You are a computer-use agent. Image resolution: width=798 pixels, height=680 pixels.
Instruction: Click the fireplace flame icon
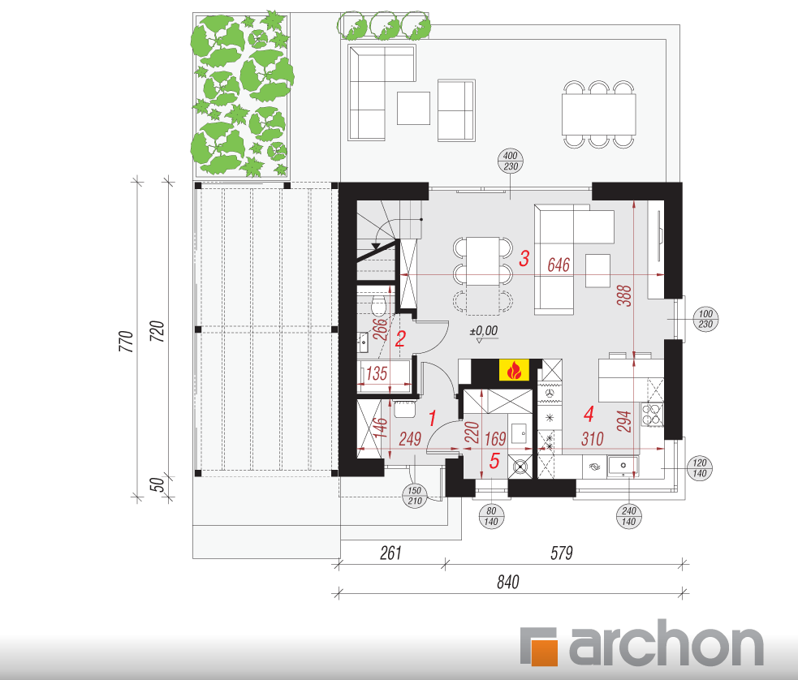514,370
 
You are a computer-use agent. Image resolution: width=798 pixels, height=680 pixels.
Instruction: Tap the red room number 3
524,258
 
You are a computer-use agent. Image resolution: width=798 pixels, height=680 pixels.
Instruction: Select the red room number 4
589,414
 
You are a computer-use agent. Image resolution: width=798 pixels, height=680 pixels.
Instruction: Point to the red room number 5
494,461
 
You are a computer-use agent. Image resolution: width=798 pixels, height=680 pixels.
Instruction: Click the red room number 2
400,339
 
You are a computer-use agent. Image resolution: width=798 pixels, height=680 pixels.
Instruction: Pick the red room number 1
433,419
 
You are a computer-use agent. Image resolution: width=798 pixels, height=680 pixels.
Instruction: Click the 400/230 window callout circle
511,161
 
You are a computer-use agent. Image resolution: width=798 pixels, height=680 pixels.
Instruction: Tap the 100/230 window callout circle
705,320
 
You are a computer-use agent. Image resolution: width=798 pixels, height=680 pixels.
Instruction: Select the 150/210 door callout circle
415,496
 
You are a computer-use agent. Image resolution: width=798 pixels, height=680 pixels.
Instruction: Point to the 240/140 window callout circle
629,516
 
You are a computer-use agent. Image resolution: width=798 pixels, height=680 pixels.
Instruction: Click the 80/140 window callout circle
491,516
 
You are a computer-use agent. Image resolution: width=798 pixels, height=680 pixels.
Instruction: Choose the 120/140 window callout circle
700,468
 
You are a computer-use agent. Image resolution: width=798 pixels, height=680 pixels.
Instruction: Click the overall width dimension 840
508,582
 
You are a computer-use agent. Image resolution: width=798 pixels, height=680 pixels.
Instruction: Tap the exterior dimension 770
126,341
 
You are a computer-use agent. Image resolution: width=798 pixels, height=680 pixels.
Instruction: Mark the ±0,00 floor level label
484,331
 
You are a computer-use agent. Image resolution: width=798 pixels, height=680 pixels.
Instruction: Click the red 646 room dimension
559,265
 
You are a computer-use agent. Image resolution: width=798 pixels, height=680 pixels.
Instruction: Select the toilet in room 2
378,306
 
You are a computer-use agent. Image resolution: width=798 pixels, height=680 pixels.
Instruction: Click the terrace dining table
599,114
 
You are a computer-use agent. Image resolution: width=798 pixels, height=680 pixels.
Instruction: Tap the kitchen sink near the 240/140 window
623,467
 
